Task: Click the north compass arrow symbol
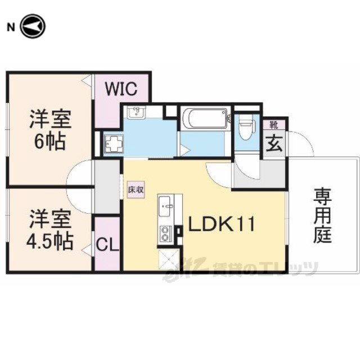(33, 26)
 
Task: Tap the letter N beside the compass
(11, 28)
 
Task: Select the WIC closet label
(121, 89)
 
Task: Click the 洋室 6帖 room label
(50, 130)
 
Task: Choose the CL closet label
(107, 245)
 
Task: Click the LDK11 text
(222, 224)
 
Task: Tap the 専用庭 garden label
(323, 216)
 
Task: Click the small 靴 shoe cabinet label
(274, 125)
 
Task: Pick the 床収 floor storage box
(136, 190)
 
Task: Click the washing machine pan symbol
(114, 144)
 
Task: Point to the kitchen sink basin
(165, 206)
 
